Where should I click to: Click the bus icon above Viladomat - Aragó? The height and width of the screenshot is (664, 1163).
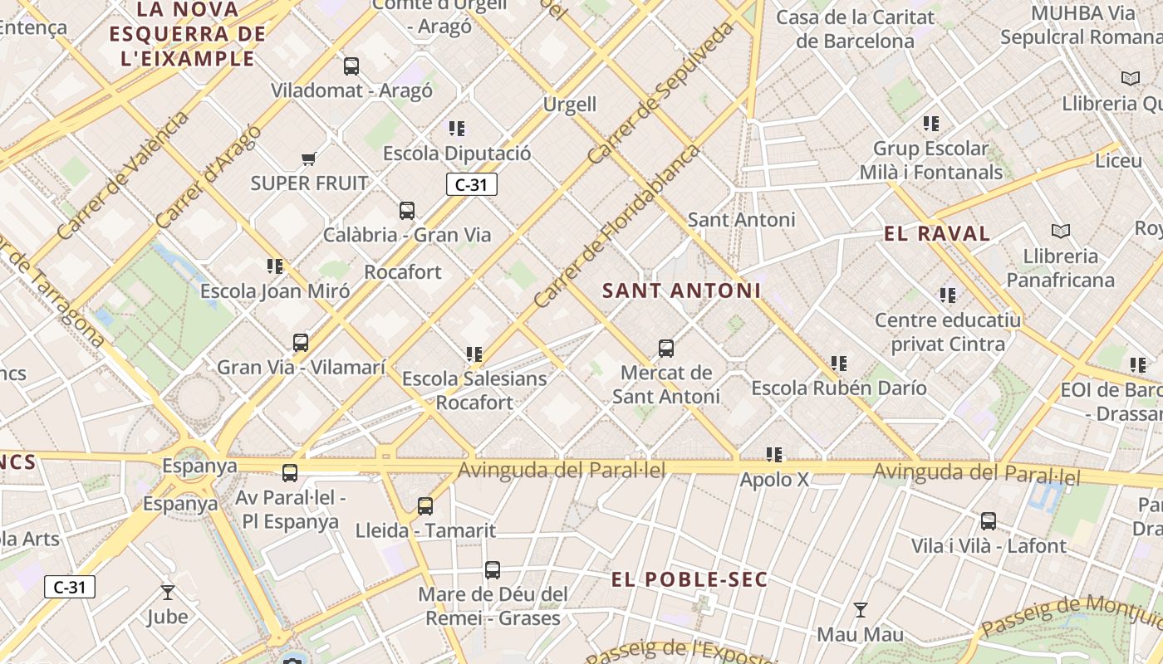point(351,66)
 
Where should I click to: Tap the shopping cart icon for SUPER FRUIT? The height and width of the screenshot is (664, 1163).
point(309,158)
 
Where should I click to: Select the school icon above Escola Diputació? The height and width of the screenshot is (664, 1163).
point(457,129)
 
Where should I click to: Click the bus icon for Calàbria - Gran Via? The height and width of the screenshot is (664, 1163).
point(407,211)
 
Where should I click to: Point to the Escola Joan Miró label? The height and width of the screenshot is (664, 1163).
point(275,291)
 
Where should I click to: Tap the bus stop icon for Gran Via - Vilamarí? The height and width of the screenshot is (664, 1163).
point(301,342)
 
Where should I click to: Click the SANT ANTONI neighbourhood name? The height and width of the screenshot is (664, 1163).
point(681,290)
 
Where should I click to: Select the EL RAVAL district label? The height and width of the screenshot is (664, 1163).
point(937,234)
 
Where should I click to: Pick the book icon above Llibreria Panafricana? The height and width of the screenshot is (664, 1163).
point(1060,231)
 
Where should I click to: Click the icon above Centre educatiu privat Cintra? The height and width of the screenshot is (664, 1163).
point(948,295)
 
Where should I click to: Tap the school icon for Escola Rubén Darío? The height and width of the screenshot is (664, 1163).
point(839,363)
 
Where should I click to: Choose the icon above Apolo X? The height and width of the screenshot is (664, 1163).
point(774,454)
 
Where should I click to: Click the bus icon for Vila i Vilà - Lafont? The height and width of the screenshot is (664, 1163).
point(988,521)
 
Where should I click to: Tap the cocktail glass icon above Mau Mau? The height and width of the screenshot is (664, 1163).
point(861,610)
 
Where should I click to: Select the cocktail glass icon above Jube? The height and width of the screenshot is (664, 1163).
point(168,592)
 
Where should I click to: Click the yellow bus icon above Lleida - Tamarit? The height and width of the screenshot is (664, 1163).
point(425,505)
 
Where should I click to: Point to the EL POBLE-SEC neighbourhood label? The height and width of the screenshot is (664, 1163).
point(689,579)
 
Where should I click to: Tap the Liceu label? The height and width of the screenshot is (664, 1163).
point(1118,160)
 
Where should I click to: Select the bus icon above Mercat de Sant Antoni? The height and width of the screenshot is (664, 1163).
point(666,349)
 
